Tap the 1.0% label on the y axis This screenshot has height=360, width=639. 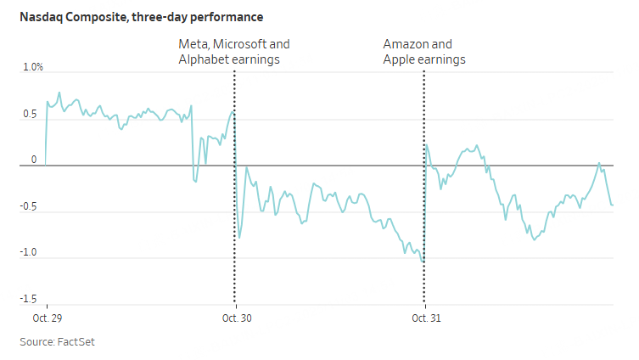click(31, 67)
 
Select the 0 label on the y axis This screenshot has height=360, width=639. click(35, 160)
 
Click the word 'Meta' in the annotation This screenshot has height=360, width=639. click(192, 44)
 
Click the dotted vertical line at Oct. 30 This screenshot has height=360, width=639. click(234, 212)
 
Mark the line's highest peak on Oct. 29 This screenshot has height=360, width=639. click(59, 93)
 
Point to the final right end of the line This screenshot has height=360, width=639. click(613, 205)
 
